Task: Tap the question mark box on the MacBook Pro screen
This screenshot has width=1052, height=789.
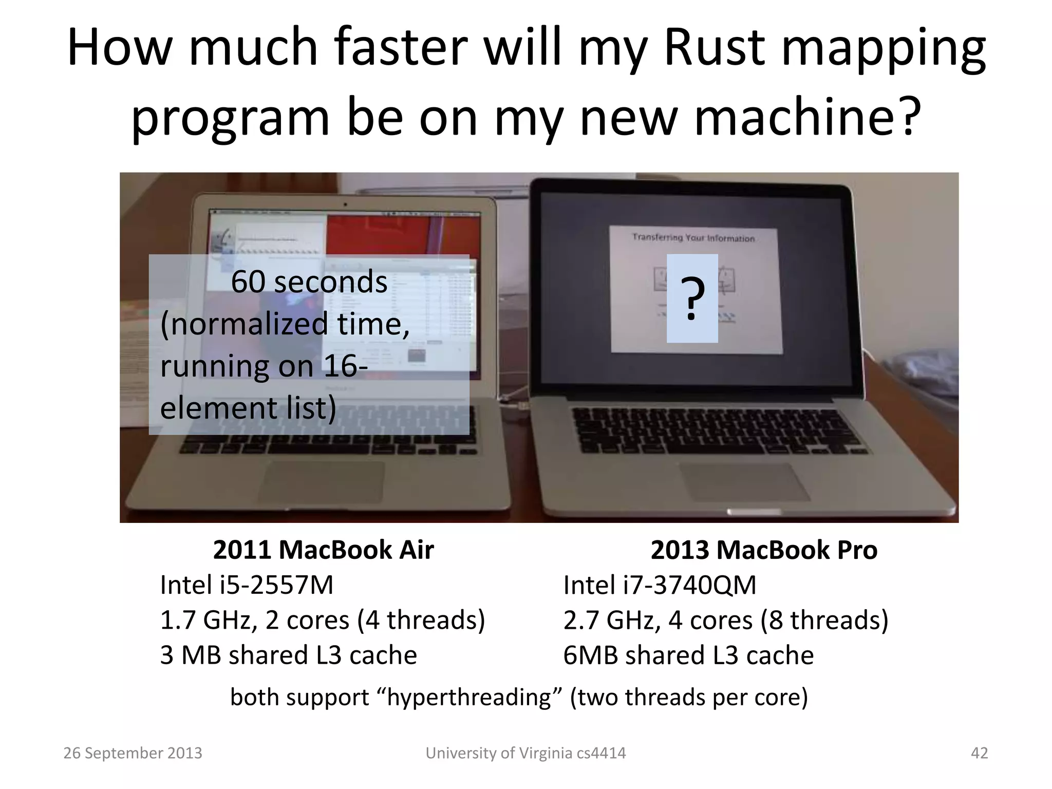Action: click(x=692, y=298)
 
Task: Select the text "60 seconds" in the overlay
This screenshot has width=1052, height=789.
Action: click(x=309, y=282)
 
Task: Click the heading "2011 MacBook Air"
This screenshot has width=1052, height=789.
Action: click(x=323, y=550)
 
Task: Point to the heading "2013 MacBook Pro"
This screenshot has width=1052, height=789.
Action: click(x=764, y=550)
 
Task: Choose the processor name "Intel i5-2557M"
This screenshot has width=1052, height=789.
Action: click(x=247, y=585)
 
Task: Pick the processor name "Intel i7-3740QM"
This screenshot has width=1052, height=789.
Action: click(x=660, y=585)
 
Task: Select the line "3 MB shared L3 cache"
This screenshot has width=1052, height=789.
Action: click(x=288, y=655)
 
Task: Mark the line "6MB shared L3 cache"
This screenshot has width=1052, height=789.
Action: click(x=688, y=655)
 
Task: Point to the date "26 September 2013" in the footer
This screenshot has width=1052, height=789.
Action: click(x=133, y=753)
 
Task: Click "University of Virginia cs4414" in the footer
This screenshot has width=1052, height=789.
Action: click(x=525, y=753)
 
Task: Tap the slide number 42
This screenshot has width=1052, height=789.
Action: click(x=979, y=753)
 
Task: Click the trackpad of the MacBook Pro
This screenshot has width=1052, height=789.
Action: click(x=740, y=481)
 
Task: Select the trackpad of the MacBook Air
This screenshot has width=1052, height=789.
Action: click(x=323, y=480)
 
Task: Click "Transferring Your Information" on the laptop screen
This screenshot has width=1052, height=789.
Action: click(x=693, y=238)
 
